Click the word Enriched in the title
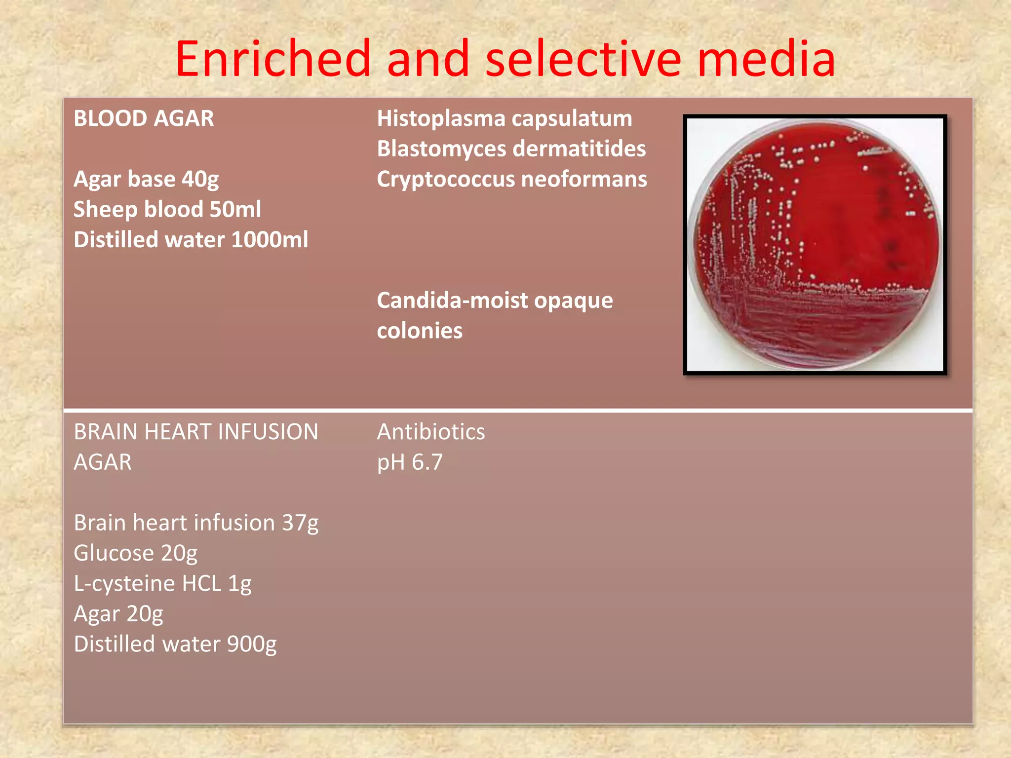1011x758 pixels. tap(272, 59)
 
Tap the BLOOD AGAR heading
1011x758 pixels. tap(144, 118)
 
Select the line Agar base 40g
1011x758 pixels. tap(146, 179)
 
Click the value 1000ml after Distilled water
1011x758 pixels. tap(270, 240)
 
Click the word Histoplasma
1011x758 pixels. tap(441, 118)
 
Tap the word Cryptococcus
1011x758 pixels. tap(445, 179)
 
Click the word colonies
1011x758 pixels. tap(420, 331)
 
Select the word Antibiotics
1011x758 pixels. tap(431, 432)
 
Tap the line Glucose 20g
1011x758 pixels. tap(135, 553)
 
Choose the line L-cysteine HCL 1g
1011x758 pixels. tap(162, 584)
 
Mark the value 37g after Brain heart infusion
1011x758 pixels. tap(300, 523)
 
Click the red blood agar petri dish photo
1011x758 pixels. tap(815, 245)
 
